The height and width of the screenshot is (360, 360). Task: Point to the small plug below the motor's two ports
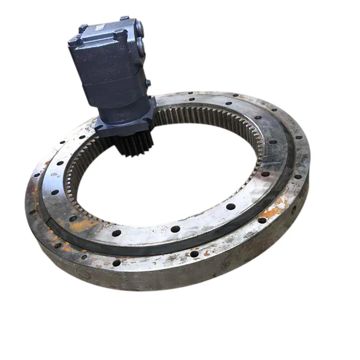148,83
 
